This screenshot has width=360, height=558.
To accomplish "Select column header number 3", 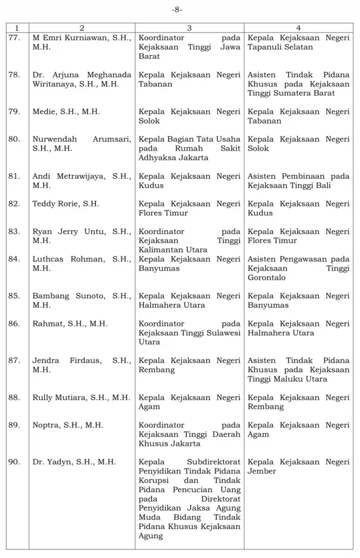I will click(x=189, y=28).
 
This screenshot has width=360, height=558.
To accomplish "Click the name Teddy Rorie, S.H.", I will click(x=65, y=204).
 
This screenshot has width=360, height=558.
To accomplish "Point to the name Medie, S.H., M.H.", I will click(x=66, y=112).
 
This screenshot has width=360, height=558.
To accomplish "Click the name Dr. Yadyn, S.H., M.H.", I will click(x=74, y=462).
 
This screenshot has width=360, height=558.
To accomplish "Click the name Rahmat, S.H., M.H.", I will click(x=70, y=324).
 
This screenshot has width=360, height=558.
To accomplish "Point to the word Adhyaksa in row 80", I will click(x=157, y=158).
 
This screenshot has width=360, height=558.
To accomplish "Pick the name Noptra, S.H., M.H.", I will click(x=68, y=425).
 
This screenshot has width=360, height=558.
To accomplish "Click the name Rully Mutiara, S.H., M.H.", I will click(x=81, y=398).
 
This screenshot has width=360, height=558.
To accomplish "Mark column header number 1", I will click(x=17, y=28).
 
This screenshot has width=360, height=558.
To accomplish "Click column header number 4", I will click(x=298, y=28).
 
